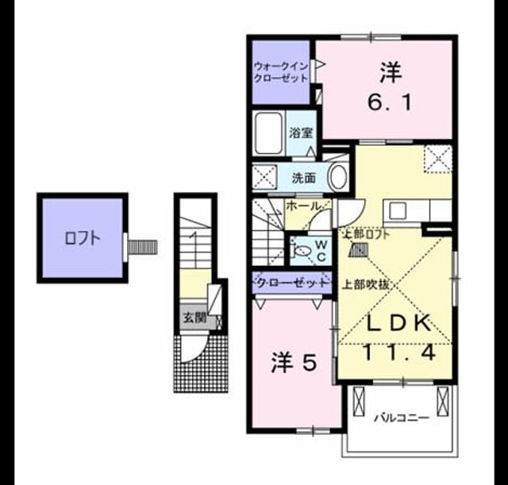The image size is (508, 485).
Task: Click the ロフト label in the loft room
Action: click(83, 238)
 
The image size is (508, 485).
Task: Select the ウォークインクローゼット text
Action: click(280, 72)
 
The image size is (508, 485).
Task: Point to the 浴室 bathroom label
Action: click(301, 133)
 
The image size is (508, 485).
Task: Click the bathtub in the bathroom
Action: click(268, 133)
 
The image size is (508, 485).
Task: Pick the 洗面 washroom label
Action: click(304, 178)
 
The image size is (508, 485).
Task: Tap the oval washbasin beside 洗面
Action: click(338, 177)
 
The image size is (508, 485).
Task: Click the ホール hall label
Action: click(304, 206)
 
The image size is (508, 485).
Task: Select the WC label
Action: click(321, 250)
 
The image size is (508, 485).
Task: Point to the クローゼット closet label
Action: click(292, 283)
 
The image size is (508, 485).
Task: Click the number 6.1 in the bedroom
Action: click(390, 102)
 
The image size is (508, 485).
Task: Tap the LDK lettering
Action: click(398, 323)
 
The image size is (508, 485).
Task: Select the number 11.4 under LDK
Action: click(398, 352)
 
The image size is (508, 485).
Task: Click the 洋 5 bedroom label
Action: click(293, 363)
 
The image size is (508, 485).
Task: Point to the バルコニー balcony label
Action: click(402, 418)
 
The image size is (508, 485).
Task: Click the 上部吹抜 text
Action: click(366, 284)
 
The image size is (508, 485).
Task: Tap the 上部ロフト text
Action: click(367, 235)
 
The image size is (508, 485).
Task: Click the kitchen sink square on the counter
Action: click(398, 211)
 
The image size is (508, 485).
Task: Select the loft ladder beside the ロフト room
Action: click(142, 247)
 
